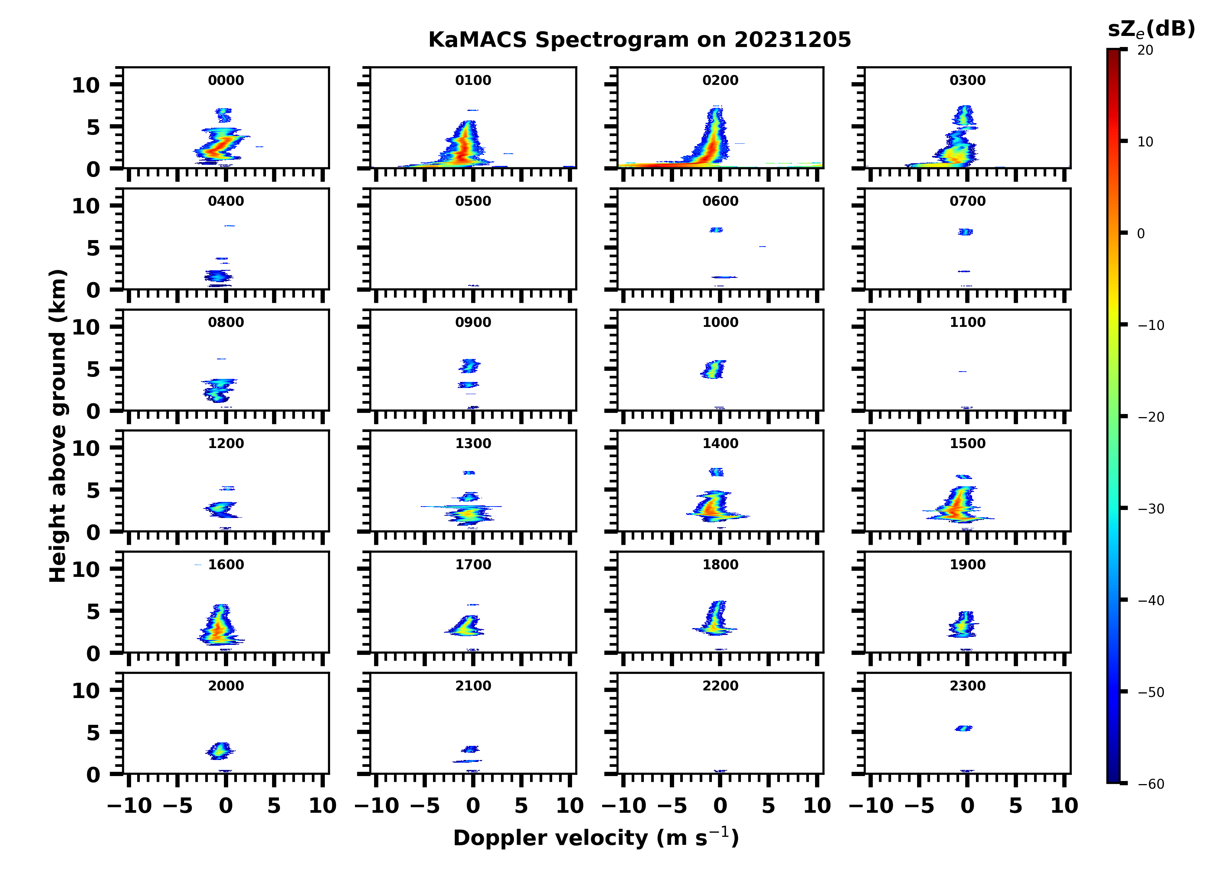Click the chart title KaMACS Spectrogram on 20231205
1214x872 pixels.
coord(639,40)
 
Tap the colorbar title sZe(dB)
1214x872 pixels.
coord(1151,29)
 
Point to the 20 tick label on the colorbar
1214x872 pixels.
coord(1146,50)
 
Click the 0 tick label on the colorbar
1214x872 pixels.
coord(1141,234)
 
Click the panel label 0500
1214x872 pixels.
coord(473,201)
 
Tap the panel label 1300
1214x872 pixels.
coord(473,443)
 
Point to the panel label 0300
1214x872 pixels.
coord(968,80)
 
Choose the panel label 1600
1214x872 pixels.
coord(226,565)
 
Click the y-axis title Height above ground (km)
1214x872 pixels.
coord(58,426)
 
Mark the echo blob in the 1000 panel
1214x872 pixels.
coord(713,369)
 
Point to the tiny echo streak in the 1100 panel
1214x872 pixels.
coord(963,371)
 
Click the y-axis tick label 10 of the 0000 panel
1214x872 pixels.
coord(86,85)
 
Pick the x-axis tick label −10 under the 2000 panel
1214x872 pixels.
coord(130,805)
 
